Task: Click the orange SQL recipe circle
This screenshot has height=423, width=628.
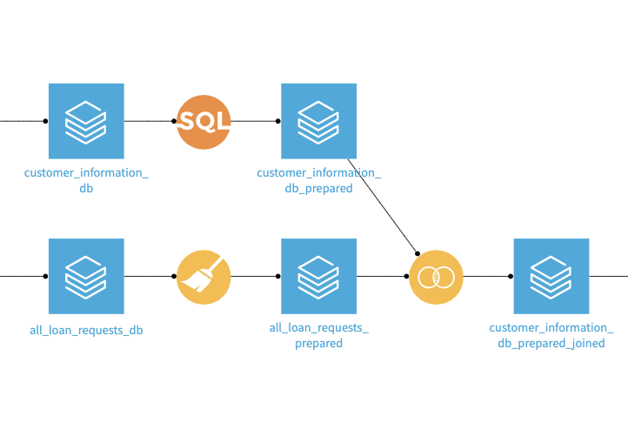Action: [204, 122]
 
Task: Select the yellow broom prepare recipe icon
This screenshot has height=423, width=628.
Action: [204, 277]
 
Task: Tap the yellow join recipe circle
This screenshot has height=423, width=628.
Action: [436, 277]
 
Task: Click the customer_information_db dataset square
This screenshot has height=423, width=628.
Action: [86, 121]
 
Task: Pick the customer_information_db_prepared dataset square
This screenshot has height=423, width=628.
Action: [318, 121]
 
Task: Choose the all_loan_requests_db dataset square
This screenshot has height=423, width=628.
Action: [86, 276]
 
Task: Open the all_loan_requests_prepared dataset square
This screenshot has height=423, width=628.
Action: [318, 276]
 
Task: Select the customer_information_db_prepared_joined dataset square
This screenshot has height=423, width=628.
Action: [551, 276]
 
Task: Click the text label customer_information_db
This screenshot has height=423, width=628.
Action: [86, 180]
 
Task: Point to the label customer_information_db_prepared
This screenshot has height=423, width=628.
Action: [318, 180]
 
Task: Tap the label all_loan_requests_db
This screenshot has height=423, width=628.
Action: [86, 331]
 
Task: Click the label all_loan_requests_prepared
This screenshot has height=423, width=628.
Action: [318, 335]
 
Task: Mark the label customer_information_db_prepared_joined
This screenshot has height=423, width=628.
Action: [551, 335]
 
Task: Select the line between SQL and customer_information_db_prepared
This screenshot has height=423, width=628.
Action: [255, 122]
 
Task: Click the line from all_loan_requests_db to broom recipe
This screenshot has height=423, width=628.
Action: [149, 277]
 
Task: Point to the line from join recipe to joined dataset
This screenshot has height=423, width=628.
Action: [487, 277]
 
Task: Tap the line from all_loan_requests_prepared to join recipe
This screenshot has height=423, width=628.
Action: [381, 277]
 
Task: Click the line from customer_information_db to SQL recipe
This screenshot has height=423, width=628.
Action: [149, 122]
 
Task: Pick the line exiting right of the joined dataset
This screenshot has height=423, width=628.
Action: [608, 277]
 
